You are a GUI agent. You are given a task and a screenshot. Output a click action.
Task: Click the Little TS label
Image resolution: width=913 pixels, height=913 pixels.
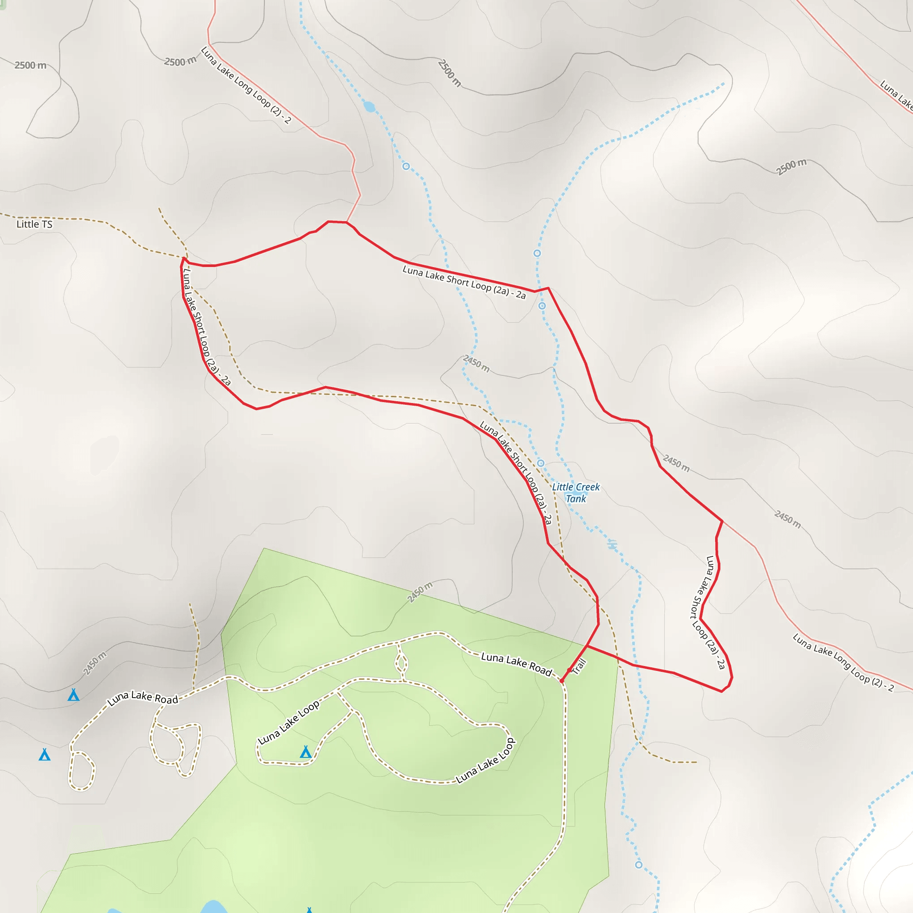[x=34, y=224]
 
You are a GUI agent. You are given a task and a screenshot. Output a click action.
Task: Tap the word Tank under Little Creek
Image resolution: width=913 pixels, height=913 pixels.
[x=576, y=498]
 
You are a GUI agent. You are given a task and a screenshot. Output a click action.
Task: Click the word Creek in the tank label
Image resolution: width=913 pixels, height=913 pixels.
[x=588, y=487]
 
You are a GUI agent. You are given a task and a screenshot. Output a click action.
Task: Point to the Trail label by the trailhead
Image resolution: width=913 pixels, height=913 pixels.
[x=579, y=666]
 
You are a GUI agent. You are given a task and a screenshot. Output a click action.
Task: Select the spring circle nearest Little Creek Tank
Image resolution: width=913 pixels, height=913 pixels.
[x=541, y=463]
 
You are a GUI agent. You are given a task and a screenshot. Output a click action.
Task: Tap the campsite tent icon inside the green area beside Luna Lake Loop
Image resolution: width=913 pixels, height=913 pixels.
[x=306, y=751]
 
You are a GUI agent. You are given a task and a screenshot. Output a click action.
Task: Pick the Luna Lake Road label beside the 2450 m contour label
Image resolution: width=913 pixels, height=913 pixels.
[x=142, y=698]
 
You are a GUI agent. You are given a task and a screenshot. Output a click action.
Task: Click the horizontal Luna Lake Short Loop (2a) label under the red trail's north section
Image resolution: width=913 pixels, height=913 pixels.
[x=464, y=282]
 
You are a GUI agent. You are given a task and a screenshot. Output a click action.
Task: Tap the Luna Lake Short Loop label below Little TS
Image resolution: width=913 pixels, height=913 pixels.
[x=206, y=327]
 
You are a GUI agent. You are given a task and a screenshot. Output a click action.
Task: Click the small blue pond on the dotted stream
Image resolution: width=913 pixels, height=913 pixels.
[x=370, y=107]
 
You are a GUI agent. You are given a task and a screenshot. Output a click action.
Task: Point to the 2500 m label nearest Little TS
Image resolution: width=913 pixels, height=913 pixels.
[x=31, y=65]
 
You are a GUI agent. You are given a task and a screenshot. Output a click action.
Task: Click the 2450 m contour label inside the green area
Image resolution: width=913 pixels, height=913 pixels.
[x=419, y=592]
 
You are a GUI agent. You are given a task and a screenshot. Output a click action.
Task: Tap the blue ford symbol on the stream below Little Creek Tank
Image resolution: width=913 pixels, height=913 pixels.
[x=613, y=545]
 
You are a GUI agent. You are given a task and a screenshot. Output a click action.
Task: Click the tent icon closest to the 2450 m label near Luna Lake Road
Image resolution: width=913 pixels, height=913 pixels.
[x=73, y=695]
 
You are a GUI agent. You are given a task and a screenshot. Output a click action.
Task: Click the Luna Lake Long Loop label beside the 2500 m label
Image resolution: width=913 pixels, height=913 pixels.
[x=246, y=85]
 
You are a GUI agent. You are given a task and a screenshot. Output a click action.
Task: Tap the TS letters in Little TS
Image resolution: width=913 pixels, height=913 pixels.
[x=46, y=224]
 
